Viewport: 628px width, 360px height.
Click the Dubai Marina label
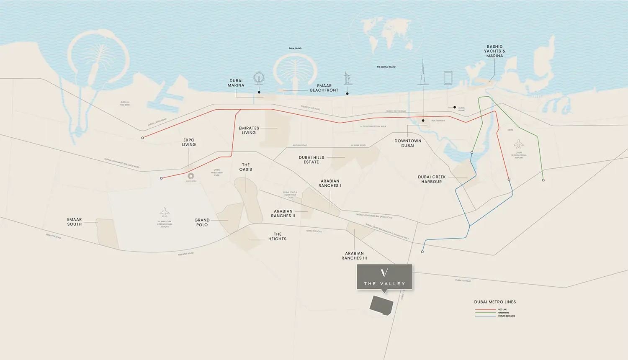click(236, 83)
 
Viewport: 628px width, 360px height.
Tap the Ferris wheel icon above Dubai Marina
click(259, 78)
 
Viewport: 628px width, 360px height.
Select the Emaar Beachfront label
click(324, 88)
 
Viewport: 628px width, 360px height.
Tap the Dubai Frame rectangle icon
click(448, 78)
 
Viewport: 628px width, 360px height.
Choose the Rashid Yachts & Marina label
click(494, 51)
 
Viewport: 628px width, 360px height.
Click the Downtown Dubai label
click(408, 143)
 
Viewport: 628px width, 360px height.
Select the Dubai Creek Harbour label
click(432, 179)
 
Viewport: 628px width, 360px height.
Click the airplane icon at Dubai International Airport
click(519, 144)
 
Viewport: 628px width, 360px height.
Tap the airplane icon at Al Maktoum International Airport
click(165, 212)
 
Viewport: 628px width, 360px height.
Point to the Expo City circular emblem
click(191, 176)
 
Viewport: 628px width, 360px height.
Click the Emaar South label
click(75, 222)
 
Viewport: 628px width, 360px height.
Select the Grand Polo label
click(202, 222)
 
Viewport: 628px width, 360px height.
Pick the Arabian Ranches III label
click(354, 256)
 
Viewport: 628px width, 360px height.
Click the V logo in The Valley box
click(384, 273)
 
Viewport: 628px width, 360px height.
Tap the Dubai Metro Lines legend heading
click(495, 302)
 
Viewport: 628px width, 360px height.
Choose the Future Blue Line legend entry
click(506, 316)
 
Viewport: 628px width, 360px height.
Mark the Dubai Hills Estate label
click(311, 160)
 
